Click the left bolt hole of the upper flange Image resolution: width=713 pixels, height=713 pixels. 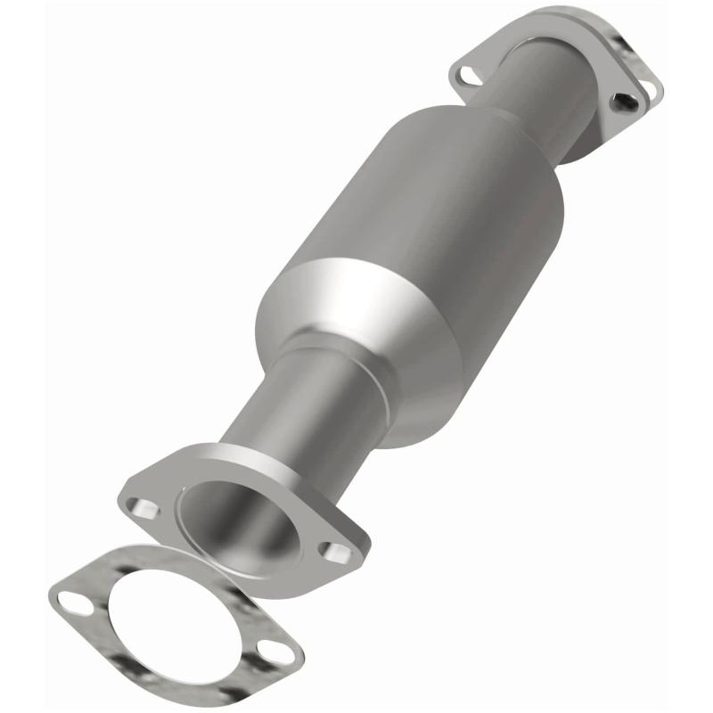pyautogui.click(x=464, y=75)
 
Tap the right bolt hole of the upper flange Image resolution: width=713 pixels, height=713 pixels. pyautogui.click(x=627, y=102)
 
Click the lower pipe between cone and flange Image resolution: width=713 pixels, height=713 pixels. pyautogui.click(x=294, y=401)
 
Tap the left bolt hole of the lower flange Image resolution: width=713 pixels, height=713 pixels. pyautogui.click(x=143, y=509)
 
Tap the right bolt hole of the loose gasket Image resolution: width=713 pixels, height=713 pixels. pyautogui.click(x=277, y=653)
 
